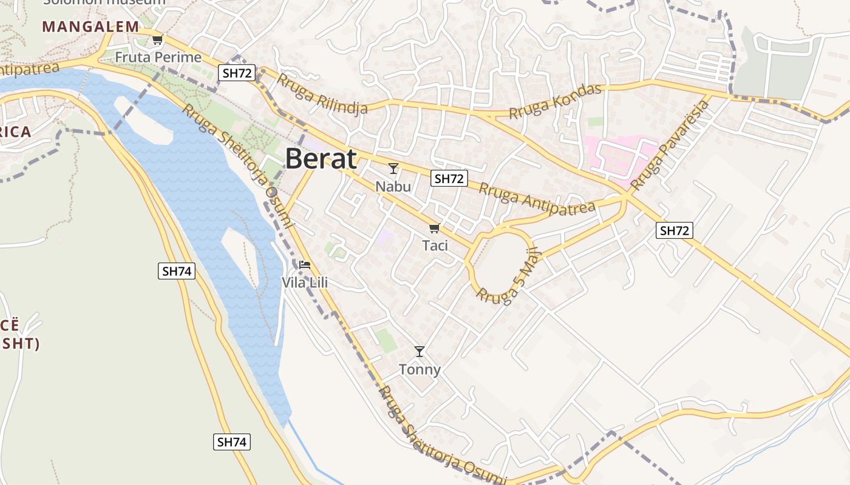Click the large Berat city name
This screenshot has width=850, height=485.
point(321,159)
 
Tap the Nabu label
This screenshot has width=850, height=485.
point(393,186)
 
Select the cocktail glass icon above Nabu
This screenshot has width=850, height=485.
point(393,169)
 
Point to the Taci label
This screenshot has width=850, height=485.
point(435,246)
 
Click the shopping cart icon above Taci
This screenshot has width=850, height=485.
point(434,229)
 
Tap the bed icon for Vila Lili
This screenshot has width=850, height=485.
point(305,265)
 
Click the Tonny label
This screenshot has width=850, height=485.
point(420,369)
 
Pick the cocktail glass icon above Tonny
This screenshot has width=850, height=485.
point(420,352)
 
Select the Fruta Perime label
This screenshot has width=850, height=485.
point(158,58)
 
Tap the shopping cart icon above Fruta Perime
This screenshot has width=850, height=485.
point(158,40)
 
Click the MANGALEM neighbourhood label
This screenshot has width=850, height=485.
point(90,27)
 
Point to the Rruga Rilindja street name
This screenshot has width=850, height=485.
point(323,96)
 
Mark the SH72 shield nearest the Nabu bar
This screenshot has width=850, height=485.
point(449,178)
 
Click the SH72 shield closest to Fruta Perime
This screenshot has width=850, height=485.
point(237,73)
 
